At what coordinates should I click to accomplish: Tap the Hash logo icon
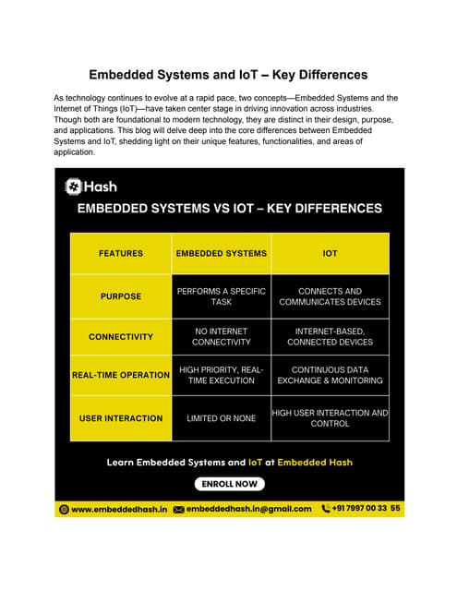(x=73, y=187)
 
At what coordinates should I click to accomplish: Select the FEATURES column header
(x=120, y=253)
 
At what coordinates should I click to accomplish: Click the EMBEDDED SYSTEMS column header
(x=222, y=253)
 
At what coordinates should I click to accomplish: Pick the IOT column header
(x=330, y=253)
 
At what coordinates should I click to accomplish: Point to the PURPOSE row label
(x=120, y=296)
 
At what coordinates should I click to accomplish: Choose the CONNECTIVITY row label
(x=120, y=337)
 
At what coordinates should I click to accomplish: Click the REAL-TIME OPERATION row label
(x=120, y=377)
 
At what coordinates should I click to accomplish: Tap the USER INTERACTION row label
(x=120, y=418)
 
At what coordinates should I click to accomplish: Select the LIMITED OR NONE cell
(x=222, y=418)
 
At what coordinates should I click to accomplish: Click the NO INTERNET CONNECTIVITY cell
(x=222, y=336)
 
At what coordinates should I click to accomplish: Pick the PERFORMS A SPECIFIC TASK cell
(x=222, y=296)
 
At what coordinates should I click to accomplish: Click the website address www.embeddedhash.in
(x=118, y=509)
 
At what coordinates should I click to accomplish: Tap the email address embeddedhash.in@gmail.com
(x=249, y=509)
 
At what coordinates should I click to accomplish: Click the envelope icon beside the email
(x=179, y=509)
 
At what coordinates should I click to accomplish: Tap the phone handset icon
(x=325, y=509)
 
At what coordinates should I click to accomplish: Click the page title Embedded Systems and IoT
(x=228, y=74)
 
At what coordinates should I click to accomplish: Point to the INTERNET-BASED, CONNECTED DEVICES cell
(x=330, y=336)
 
